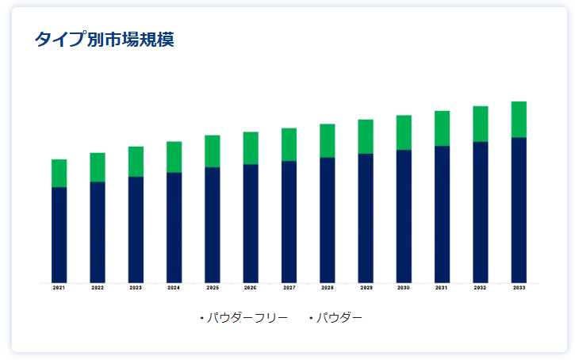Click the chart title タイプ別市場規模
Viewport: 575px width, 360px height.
104,40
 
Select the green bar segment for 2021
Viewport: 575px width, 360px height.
59,173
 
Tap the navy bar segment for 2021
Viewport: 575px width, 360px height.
59,235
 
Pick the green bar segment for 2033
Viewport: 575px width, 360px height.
519,120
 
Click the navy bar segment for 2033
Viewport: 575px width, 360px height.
519,210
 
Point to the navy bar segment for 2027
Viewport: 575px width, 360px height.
289,222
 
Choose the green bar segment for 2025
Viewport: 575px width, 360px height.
213,151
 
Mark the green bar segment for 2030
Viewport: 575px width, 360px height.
404,132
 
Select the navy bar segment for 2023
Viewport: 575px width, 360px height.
136,230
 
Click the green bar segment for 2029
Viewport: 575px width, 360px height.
366,136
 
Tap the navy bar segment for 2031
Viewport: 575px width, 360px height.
442,214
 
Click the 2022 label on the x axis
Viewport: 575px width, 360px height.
98,288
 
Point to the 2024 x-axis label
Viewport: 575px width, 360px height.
174,288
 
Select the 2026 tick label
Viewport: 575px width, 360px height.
251,288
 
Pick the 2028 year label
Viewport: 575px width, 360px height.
327,288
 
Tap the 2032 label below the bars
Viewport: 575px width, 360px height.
481,288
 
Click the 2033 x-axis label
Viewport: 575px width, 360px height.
519,288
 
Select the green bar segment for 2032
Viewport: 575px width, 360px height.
481,124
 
